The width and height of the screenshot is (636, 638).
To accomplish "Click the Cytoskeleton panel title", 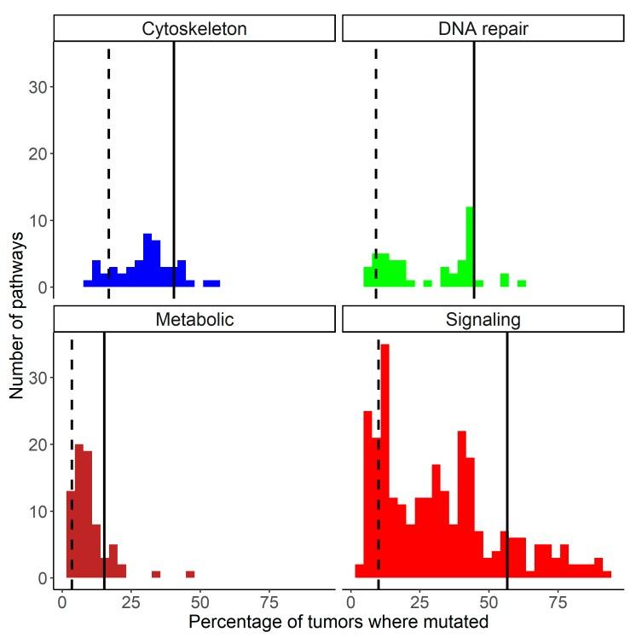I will point(194,29).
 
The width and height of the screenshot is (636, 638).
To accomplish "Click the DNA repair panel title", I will point(483,29).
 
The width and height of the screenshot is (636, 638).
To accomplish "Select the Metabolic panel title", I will point(194,320).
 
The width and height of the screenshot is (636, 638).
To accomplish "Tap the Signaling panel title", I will point(483,320).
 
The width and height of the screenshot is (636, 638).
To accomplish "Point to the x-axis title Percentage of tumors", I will point(338,622).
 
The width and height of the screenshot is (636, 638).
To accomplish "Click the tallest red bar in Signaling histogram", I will point(384,461).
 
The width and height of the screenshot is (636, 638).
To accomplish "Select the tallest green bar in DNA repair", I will point(469,247).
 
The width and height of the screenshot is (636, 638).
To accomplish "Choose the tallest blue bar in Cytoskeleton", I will point(147,260).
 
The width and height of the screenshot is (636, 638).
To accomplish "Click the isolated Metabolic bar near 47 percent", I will point(190,574).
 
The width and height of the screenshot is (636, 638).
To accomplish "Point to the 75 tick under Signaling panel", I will point(558,600).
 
